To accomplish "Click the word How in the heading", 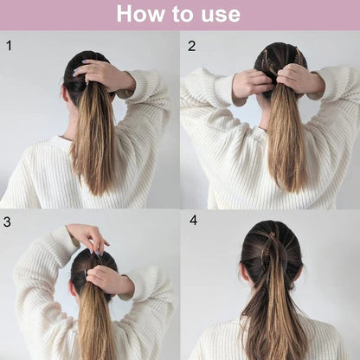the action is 141,13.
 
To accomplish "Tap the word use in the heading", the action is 221,16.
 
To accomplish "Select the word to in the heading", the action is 183,14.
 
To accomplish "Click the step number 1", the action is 10,46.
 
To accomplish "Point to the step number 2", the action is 191,46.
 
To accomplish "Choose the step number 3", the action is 7,222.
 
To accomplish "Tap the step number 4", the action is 193,220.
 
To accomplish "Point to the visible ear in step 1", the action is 65,95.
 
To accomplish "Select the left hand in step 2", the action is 253,84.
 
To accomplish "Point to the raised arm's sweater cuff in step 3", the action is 65,244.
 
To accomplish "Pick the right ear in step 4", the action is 301,274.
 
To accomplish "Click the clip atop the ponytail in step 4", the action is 271,236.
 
